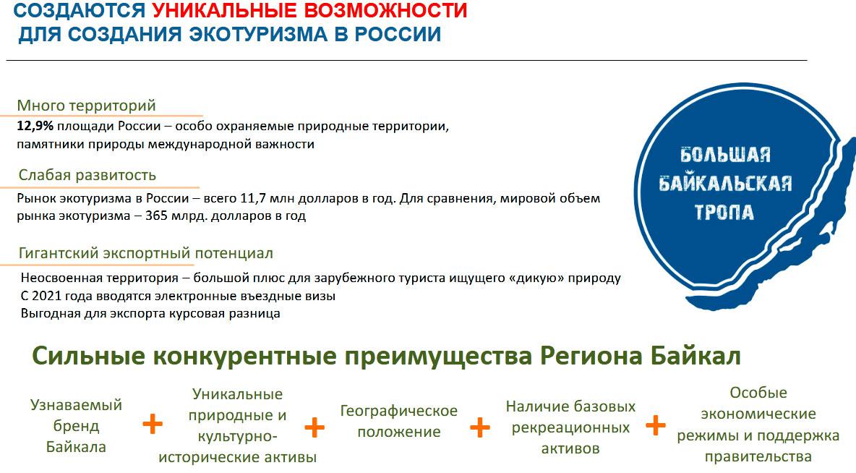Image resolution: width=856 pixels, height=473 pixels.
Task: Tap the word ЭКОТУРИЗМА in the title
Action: (x=258, y=34)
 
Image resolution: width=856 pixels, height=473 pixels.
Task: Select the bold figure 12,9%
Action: (x=35, y=126)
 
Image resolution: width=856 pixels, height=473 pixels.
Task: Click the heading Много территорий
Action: (x=86, y=105)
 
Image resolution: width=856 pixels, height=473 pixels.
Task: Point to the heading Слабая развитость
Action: (x=87, y=175)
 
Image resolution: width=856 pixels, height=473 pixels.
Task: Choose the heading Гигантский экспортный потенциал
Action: (x=146, y=253)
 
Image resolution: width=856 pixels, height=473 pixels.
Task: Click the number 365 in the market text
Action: (x=157, y=216)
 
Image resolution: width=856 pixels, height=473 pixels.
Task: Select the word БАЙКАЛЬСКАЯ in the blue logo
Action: (x=725, y=183)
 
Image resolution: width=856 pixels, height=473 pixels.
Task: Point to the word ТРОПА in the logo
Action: (x=724, y=212)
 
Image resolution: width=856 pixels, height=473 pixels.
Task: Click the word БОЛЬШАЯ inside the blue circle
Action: (x=725, y=155)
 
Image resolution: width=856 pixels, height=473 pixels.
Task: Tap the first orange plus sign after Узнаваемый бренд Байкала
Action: (x=153, y=425)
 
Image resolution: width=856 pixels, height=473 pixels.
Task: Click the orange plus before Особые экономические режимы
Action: (x=656, y=425)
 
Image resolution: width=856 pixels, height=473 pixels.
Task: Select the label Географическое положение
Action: (x=399, y=421)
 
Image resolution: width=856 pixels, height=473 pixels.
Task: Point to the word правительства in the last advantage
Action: (x=758, y=456)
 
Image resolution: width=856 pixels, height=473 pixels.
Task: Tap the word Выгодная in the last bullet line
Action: (x=47, y=313)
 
